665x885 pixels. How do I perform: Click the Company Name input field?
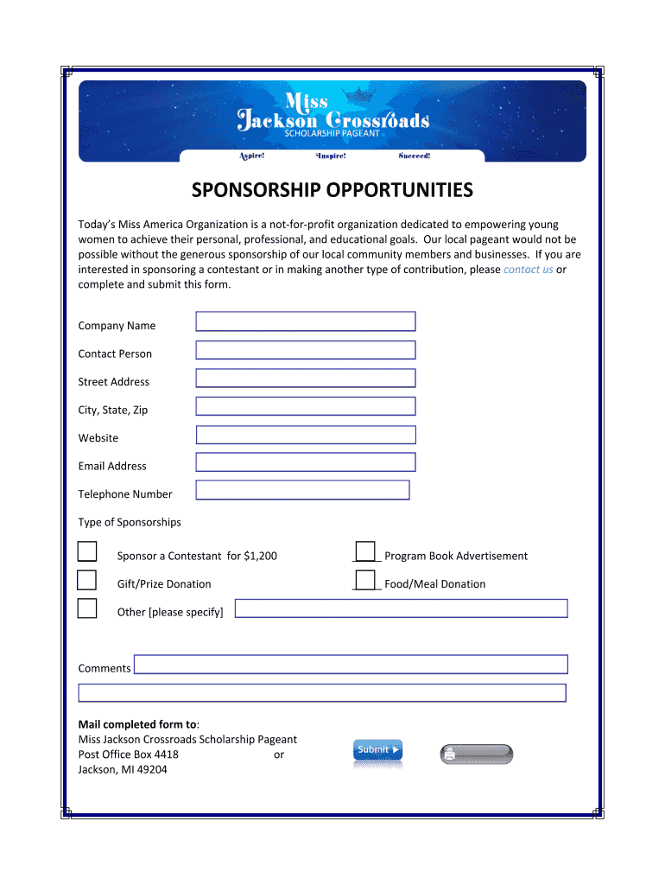(x=306, y=322)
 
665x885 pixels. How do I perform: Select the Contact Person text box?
(x=306, y=350)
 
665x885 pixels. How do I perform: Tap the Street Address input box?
(x=306, y=378)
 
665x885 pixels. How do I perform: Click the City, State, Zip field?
(x=306, y=406)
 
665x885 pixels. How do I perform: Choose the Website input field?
(x=306, y=435)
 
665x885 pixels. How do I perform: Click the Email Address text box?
(x=306, y=462)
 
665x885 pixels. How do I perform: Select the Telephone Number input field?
(x=302, y=490)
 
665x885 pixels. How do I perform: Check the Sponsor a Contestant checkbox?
(x=87, y=552)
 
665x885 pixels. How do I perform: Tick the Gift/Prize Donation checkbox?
(x=87, y=580)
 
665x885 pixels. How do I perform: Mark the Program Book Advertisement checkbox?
(x=365, y=551)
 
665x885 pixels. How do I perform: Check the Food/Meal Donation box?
(x=365, y=580)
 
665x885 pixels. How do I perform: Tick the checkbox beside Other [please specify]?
(x=87, y=608)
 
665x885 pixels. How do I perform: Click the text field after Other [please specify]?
(x=401, y=608)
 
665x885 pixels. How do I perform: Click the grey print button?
(x=476, y=754)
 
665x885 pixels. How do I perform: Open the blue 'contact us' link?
(x=528, y=270)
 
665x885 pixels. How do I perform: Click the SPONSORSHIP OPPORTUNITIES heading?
(x=332, y=190)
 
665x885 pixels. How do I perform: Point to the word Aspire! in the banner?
(x=251, y=156)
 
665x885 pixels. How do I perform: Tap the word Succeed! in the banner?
(x=414, y=156)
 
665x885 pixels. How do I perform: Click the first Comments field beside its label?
(x=351, y=664)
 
